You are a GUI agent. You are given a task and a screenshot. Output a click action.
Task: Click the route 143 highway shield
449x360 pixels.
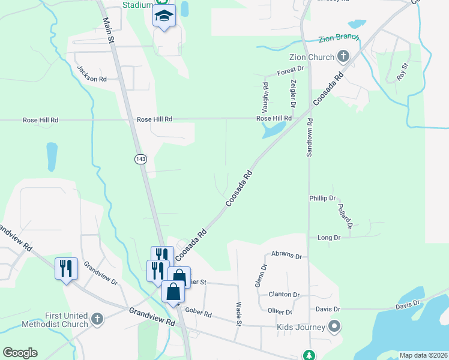point(140,159)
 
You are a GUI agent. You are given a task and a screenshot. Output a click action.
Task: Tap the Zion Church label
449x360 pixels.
point(312,58)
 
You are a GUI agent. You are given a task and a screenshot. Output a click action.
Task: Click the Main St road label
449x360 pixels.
point(109,30)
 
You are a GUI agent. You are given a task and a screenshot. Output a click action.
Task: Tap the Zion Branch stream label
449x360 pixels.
point(339,37)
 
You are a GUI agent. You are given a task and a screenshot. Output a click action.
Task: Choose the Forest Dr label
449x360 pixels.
point(291,71)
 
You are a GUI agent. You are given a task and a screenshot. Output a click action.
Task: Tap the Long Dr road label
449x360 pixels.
point(329,238)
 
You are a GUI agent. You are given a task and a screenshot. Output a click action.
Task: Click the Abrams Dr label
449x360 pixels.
point(286,256)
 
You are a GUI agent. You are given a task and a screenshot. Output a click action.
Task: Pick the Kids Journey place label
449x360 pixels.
point(301,327)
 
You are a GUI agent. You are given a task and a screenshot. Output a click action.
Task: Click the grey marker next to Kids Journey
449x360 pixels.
point(334,327)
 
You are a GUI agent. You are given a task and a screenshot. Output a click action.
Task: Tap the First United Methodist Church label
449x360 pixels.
point(67,320)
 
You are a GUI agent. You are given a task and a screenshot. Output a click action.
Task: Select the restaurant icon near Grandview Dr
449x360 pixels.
point(66,268)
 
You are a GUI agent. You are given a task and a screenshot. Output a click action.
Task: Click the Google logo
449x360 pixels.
point(20,353)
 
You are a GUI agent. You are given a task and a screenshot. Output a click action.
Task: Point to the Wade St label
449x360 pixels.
point(238,314)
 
